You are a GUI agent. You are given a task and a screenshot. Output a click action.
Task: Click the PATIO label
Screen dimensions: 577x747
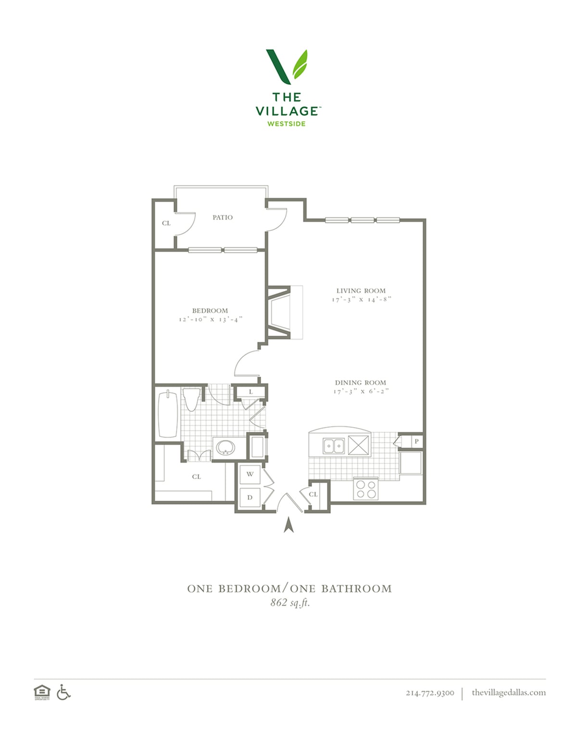coord(222,217)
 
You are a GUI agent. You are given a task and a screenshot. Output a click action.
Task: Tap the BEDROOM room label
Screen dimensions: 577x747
coord(210,310)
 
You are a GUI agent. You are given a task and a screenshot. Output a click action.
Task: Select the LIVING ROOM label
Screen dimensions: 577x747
coord(361,291)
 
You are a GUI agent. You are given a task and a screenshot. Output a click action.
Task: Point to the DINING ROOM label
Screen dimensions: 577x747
coord(361,382)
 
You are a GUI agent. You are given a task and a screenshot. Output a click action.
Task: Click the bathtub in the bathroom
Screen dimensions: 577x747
coord(168,414)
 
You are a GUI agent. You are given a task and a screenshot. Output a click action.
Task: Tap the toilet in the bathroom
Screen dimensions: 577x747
coord(191,399)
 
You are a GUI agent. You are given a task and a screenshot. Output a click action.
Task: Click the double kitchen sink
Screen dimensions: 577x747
coord(334,446)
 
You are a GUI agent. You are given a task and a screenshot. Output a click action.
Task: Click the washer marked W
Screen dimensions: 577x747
coord(250,474)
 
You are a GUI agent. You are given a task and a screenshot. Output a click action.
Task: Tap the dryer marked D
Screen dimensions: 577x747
coord(250,497)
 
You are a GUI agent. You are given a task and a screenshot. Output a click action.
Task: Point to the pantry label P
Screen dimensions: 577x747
coord(416,441)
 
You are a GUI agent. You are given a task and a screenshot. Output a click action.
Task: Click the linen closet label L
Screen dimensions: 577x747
coord(251,392)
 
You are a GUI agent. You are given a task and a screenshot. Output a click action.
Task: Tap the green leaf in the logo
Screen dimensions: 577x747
coord(300,64)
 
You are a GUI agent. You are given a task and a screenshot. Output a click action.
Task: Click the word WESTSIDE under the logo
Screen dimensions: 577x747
coord(286,124)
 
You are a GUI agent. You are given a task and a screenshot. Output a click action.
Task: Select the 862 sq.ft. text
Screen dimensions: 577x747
coord(290,603)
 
